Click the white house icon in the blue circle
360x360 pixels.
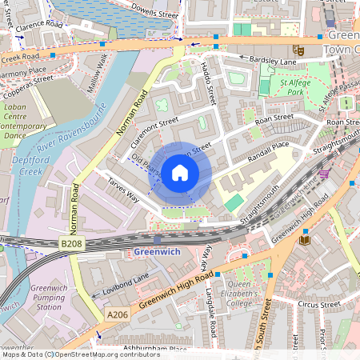point(180,172)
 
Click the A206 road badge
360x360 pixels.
point(117,316)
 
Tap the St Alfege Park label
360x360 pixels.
point(294,86)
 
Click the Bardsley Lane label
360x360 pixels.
point(271,62)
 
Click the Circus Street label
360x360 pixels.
point(318,305)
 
